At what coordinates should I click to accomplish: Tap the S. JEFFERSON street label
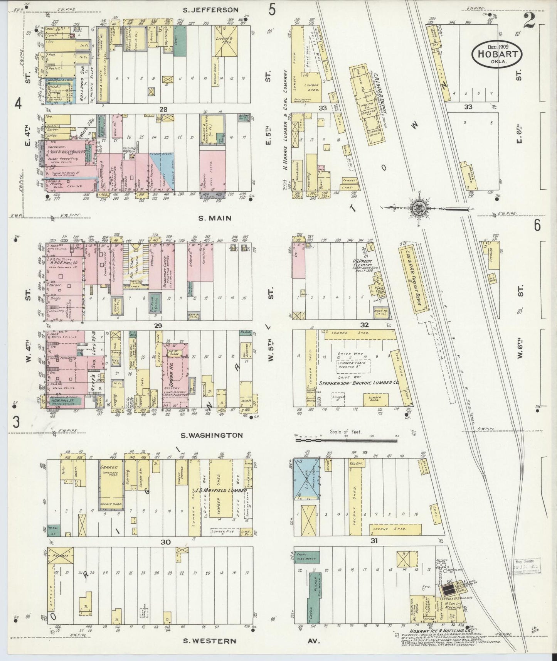210,10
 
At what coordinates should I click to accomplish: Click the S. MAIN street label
215,218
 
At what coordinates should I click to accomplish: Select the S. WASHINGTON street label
212,435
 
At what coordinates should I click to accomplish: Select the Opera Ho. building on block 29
175,374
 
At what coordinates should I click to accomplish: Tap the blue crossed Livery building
306,479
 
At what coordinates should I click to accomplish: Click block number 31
374,541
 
